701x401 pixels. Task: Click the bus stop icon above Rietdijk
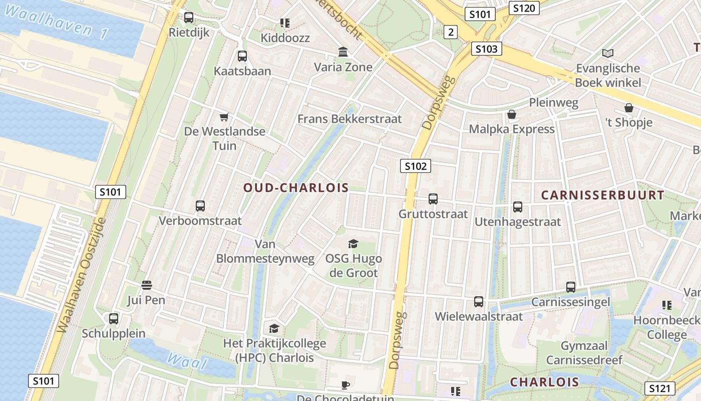[189, 18]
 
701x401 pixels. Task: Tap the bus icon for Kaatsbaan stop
[242, 56]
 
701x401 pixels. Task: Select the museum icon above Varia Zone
[343, 52]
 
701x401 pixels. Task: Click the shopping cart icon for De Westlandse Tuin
[224, 117]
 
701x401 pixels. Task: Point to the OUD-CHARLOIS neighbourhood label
[296, 188]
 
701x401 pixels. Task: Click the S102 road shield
[416, 166]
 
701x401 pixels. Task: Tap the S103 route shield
[486, 49]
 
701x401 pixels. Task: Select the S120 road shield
[524, 8]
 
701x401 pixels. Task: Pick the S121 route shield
[660, 387]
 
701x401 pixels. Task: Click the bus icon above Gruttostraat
[433, 199]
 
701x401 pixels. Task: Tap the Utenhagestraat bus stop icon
[518, 207]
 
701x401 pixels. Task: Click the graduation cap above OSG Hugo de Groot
[354, 244]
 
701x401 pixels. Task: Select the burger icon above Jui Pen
[147, 285]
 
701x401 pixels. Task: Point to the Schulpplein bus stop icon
[114, 318]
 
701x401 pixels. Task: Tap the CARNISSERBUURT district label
[603, 195]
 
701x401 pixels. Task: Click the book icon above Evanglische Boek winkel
[608, 53]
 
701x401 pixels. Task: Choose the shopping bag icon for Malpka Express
[512, 115]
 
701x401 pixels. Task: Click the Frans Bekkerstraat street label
[349, 119]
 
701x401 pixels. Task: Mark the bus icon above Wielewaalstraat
[479, 302]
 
